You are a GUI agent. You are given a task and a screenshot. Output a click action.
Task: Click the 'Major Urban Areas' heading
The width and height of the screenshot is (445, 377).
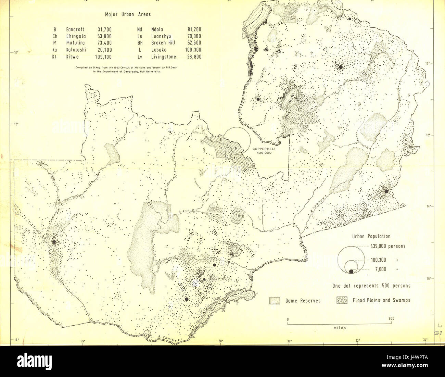click(x=128, y=14)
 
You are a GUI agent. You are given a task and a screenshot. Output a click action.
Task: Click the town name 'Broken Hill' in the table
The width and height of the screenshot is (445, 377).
click(x=163, y=43)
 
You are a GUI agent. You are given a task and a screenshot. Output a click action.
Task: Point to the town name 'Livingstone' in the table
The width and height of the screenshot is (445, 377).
click(x=164, y=57)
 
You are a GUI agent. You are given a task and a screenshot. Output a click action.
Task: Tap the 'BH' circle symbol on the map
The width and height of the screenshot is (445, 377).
click(x=238, y=216)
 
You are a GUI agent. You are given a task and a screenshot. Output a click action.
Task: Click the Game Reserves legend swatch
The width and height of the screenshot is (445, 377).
click(x=275, y=300)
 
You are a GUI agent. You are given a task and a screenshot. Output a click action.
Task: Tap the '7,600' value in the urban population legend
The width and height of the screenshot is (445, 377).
click(x=380, y=269)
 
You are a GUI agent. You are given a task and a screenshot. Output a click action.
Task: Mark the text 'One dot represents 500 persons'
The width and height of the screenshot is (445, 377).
click(x=371, y=286)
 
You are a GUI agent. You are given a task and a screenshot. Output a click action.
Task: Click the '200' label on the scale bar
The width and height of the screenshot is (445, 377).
click(x=392, y=318)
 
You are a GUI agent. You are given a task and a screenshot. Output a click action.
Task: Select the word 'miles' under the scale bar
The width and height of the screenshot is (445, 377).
click(x=340, y=328)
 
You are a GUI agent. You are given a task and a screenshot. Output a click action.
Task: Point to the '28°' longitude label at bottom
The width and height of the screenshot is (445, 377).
click(x=220, y=341)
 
